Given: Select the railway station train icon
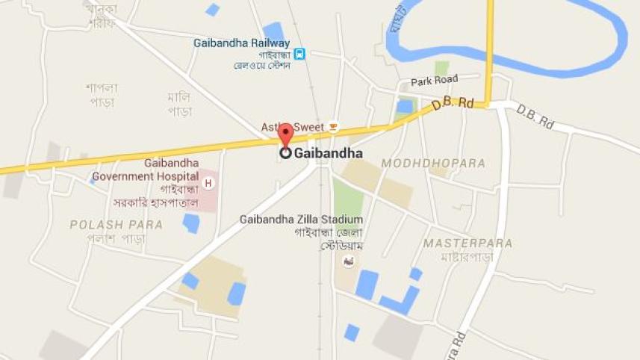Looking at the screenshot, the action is pos(299,54).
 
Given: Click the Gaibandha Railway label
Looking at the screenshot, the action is pos(241,43).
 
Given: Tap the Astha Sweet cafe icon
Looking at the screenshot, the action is pos(333,127).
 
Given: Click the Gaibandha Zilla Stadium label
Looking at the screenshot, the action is pos(301,220).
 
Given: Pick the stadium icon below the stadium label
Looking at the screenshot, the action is pos(347,261).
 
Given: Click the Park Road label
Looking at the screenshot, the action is pos(434,81).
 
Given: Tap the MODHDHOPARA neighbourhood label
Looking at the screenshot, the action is pos(433,163).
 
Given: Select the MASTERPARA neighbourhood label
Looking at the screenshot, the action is pos(467,243).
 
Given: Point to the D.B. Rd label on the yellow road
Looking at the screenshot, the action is pos(453,105).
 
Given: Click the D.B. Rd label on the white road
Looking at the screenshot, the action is pos(535,117).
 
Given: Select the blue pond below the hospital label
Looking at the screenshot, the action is pos(191,223).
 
